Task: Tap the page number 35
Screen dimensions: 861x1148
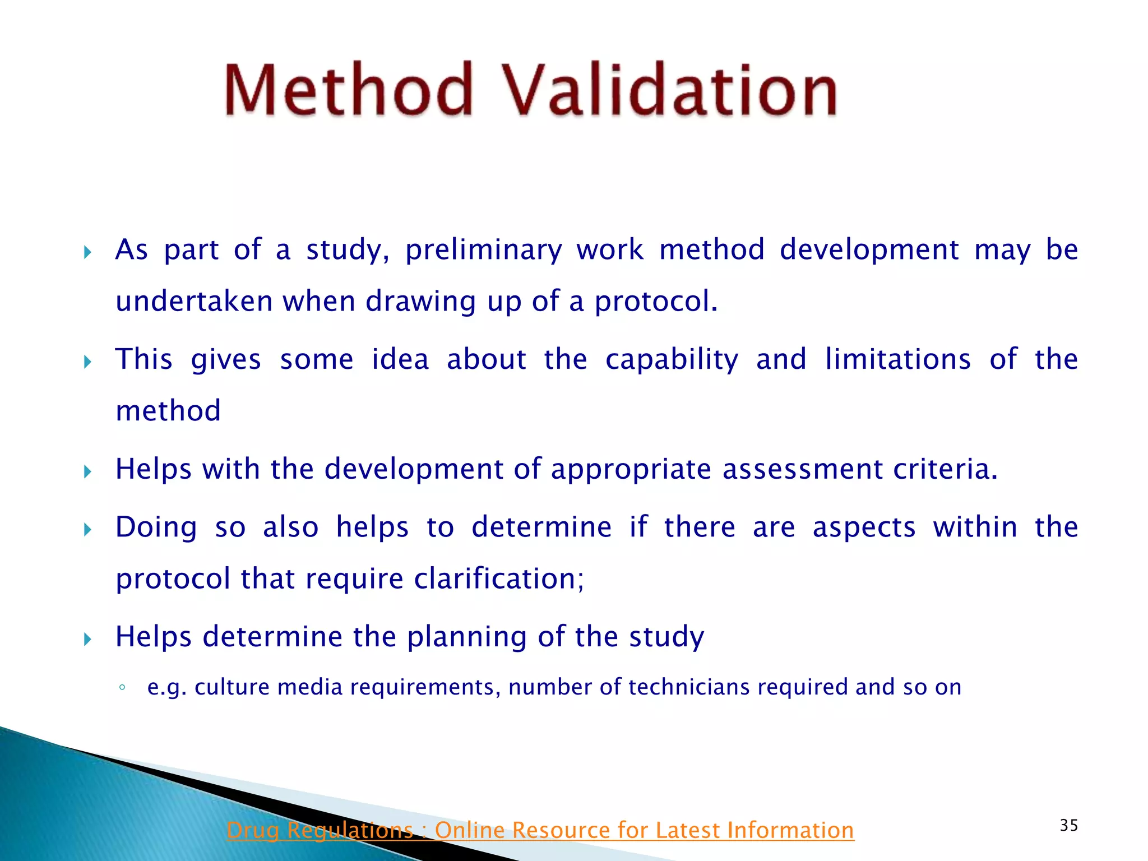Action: click(1069, 825)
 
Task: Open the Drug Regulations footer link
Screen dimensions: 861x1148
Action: click(540, 830)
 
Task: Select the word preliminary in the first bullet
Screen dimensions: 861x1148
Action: click(483, 250)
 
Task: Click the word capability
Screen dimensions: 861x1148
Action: click(672, 360)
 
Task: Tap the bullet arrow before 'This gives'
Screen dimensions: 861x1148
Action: click(87, 362)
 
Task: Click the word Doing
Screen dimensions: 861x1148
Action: click(156, 528)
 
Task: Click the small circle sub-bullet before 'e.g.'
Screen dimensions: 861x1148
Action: click(122, 688)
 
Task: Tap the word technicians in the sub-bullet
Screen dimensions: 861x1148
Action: click(689, 687)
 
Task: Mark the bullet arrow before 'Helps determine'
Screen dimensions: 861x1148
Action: click(87, 639)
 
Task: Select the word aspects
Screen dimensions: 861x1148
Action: click(864, 528)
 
